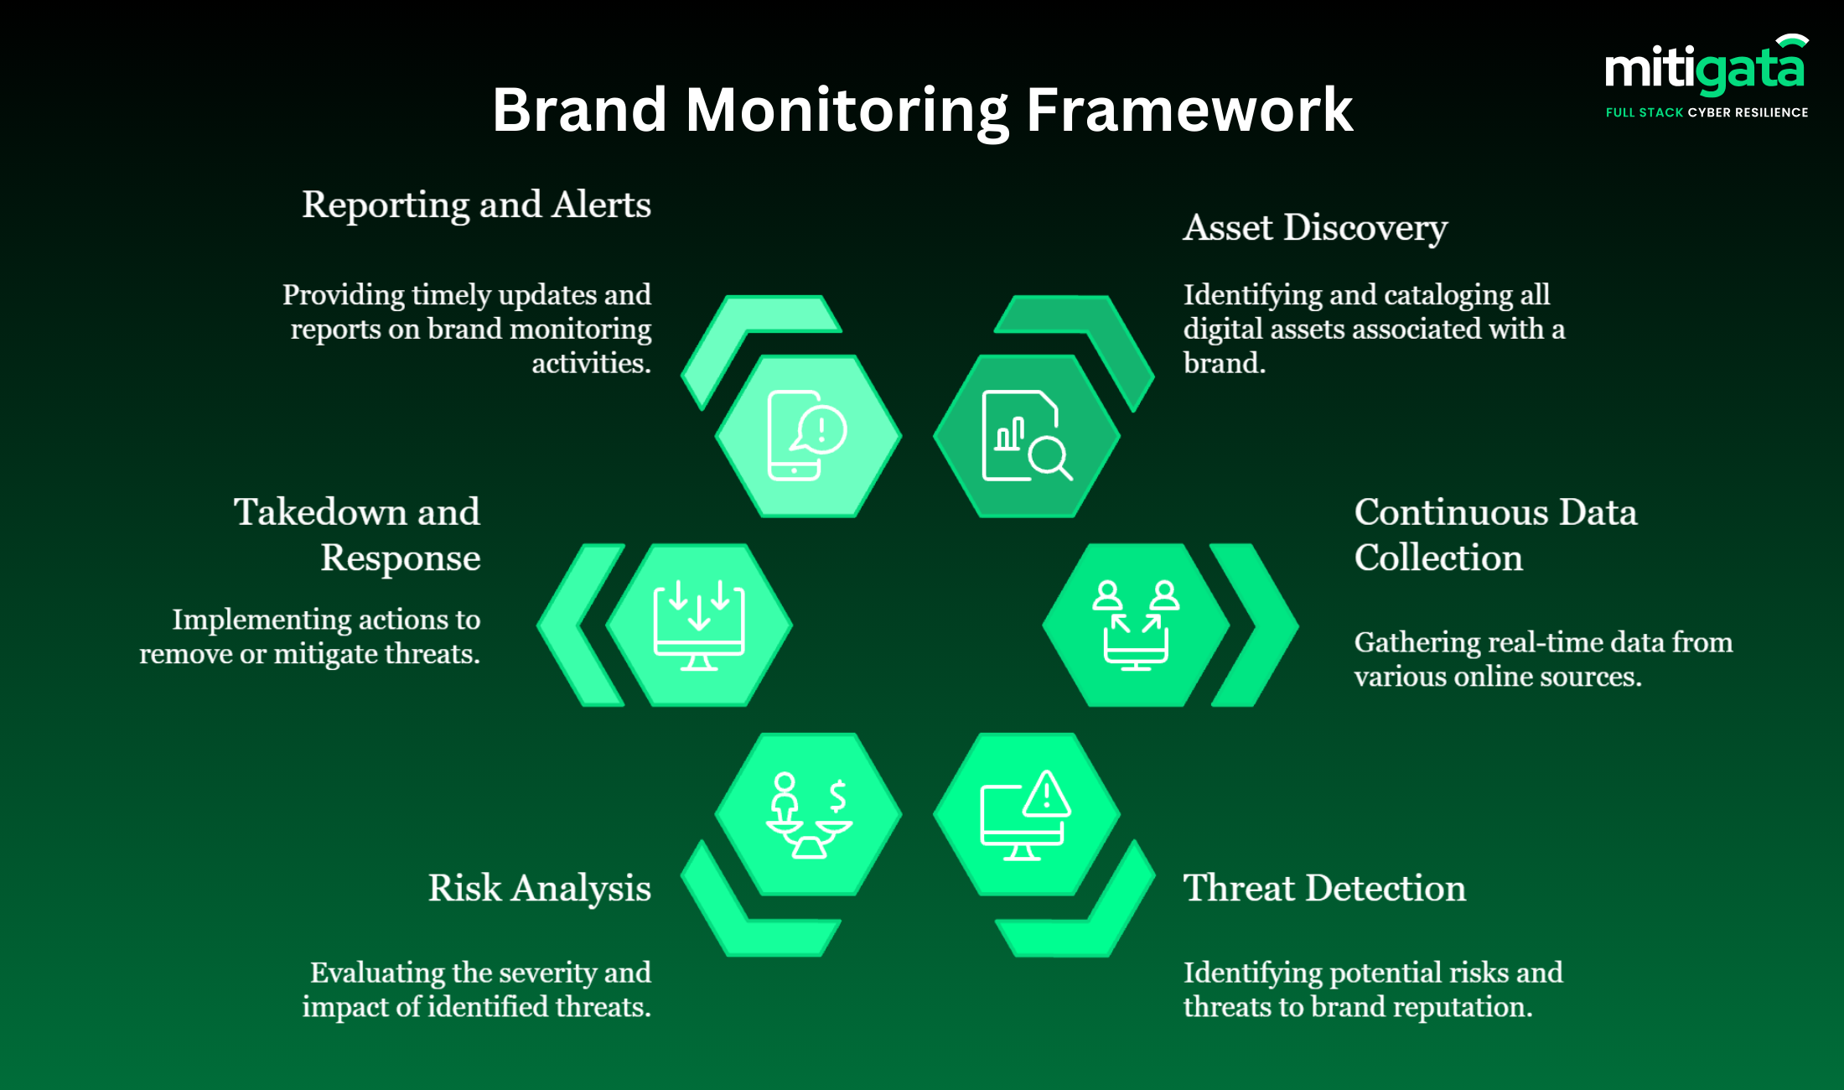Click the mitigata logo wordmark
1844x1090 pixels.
click(1703, 69)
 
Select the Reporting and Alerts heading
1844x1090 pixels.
click(476, 205)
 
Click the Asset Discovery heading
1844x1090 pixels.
click(1315, 227)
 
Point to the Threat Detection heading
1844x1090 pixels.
click(1324, 888)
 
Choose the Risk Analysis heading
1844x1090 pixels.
click(539, 888)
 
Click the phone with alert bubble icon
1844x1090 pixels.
click(807, 435)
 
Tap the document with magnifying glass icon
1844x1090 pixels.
click(1026, 435)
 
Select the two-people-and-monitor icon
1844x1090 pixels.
click(1136, 625)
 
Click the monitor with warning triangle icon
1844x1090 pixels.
click(1026, 814)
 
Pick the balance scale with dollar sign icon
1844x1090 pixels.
click(809, 814)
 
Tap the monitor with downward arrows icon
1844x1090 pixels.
click(699, 625)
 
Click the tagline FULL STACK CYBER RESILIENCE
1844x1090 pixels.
click(1707, 112)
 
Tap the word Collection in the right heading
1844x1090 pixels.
click(1438, 558)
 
